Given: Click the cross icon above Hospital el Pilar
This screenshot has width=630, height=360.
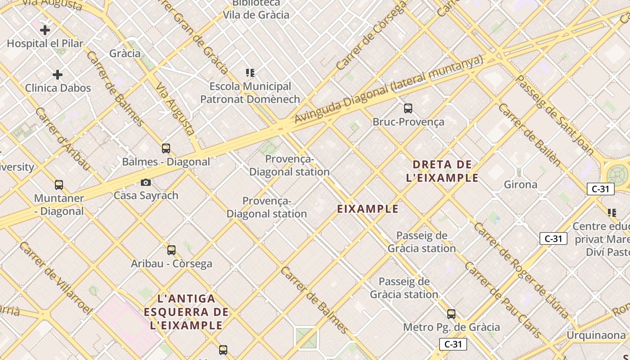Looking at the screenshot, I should tap(45, 30).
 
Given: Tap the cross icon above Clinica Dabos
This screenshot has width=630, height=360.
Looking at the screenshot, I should tap(58, 74).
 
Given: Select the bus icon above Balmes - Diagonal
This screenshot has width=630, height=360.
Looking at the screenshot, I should tap(166, 148).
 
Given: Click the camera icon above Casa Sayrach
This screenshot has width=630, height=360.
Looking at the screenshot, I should tap(146, 182).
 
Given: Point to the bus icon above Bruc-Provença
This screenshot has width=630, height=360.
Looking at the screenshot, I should tap(408, 108).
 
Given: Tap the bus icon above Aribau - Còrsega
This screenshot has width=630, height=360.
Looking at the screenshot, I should tap(171, 250).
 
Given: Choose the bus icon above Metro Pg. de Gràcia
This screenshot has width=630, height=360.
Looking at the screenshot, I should tap(451, 314).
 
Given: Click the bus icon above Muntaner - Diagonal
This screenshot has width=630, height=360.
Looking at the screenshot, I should tap(59, 184).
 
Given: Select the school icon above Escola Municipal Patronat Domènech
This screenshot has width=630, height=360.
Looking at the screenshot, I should tap(250, 72).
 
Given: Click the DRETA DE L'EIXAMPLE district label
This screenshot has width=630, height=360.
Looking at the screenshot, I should tap(442, 171).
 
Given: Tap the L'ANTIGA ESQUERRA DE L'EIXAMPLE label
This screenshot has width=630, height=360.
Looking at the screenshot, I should tap(187, 312).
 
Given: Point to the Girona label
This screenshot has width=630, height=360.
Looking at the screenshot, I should tap(521, 184).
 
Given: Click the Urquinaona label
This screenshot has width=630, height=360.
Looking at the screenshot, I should tap(596, 335).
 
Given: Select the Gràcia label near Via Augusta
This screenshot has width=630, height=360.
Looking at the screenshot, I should tap(125, 54).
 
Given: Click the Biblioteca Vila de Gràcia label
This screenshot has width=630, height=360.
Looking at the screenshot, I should tap(256, 9).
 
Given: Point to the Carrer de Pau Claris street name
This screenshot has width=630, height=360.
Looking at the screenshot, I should tap(503, 299).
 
